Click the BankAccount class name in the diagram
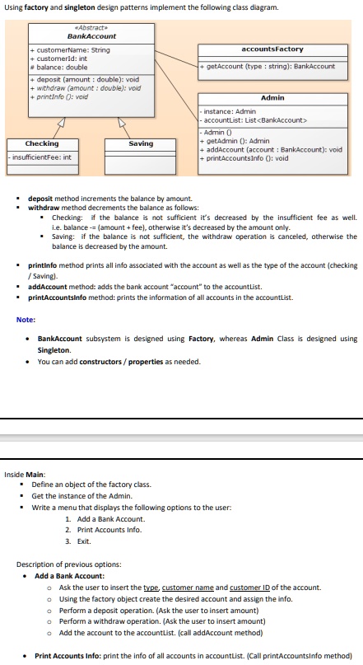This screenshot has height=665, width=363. (x=91, y=36)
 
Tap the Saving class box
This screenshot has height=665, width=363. (x=141, y=149)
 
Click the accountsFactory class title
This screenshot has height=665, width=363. (x=273, y=49)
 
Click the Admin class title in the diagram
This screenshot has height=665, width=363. (x=272, y=98)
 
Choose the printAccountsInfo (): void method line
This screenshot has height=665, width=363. (x=247, y=158)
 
